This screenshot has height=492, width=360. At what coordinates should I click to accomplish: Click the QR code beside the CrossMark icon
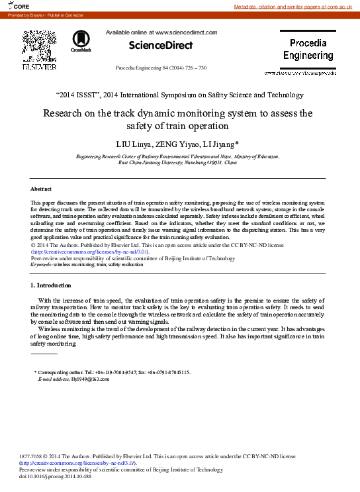point(39,45)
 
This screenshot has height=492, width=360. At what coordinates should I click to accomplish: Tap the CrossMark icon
point(81,40)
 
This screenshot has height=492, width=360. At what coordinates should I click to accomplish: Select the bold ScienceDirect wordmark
point(160,45)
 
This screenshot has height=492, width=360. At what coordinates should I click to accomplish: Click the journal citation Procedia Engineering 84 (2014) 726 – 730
point(161,68)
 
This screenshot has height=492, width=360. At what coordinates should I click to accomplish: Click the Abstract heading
point(42,189)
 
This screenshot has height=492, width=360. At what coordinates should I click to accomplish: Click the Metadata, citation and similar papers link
point(296,7)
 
